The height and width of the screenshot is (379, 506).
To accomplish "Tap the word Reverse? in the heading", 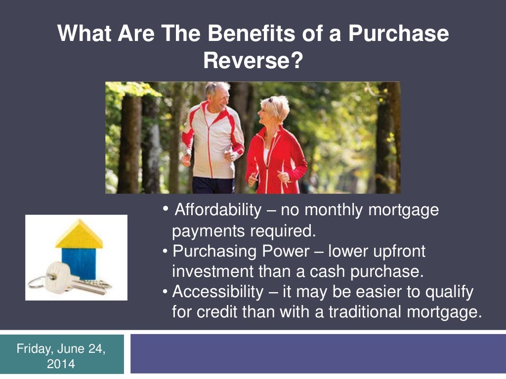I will click(253, 61).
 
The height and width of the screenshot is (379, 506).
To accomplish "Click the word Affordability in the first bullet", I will click(218, 210).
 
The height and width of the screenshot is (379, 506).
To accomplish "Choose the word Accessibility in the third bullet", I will click(218, 292).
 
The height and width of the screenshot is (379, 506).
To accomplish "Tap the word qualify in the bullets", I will click(447, 292).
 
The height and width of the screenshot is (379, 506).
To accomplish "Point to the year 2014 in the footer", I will click(61, 365).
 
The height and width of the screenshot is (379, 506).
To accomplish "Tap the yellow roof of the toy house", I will click(79, 235).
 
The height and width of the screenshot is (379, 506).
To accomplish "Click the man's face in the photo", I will click(218, 96).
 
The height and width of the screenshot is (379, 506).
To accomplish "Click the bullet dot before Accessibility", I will click(166, 292).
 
